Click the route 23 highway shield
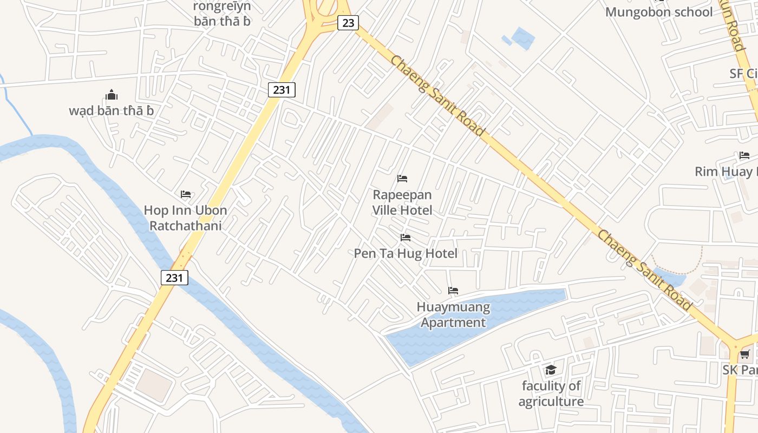(x=348, y=22)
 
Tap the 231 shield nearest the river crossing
(x=174, y=278)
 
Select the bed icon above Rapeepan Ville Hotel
(x=402, y=179)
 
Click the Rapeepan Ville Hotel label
(x=402, y=202)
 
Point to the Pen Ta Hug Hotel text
(x=406, y=253)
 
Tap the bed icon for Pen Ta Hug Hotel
(x=405, y=238)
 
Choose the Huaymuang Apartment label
(x=453, y=315)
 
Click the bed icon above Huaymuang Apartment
(x=453, y=291)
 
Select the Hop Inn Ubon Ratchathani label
(x=185, y=218)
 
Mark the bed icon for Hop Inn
(x=186, y=194)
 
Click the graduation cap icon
(x=551, y=370)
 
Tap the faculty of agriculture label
(x=551, y=393)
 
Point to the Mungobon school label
(x=658, y=12)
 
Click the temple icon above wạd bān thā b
(x=112, y=95)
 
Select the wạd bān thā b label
(x=112, y=111)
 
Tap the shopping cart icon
(x=745, y=355)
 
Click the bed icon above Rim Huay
(x=744, y=156)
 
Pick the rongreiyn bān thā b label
(x=222, y=14)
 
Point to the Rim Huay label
(x=726, y=172)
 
